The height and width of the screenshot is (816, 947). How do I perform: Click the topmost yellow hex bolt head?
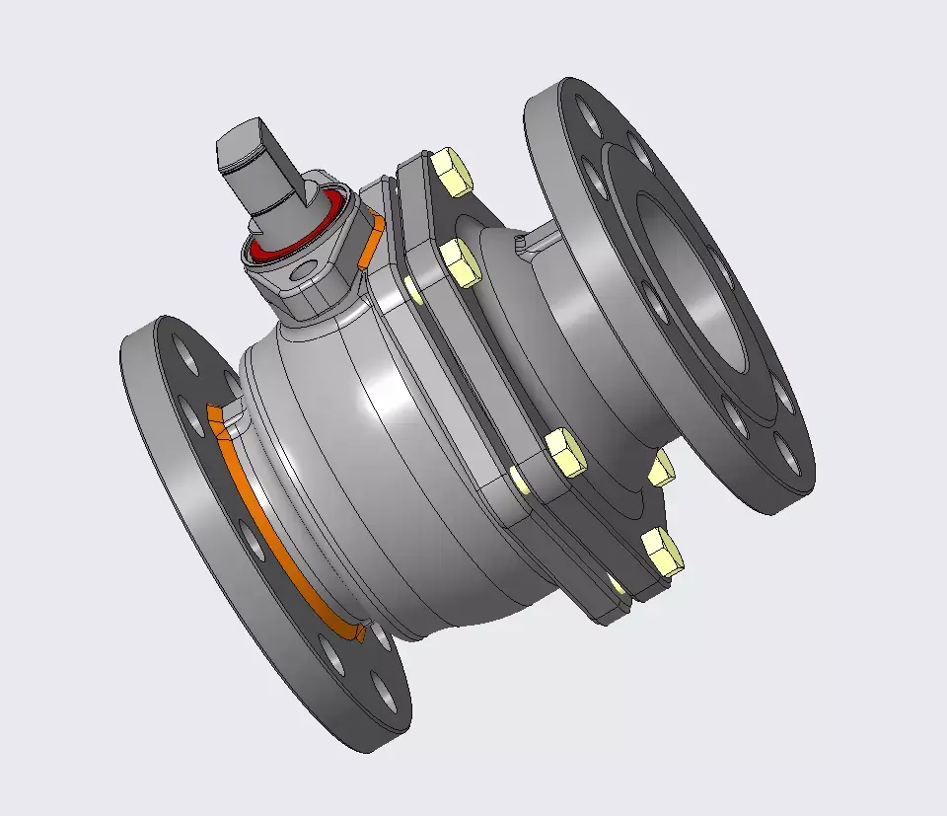click(x=452, y=173)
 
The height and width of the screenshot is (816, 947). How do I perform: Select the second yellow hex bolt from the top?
click(x=458, y=262)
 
